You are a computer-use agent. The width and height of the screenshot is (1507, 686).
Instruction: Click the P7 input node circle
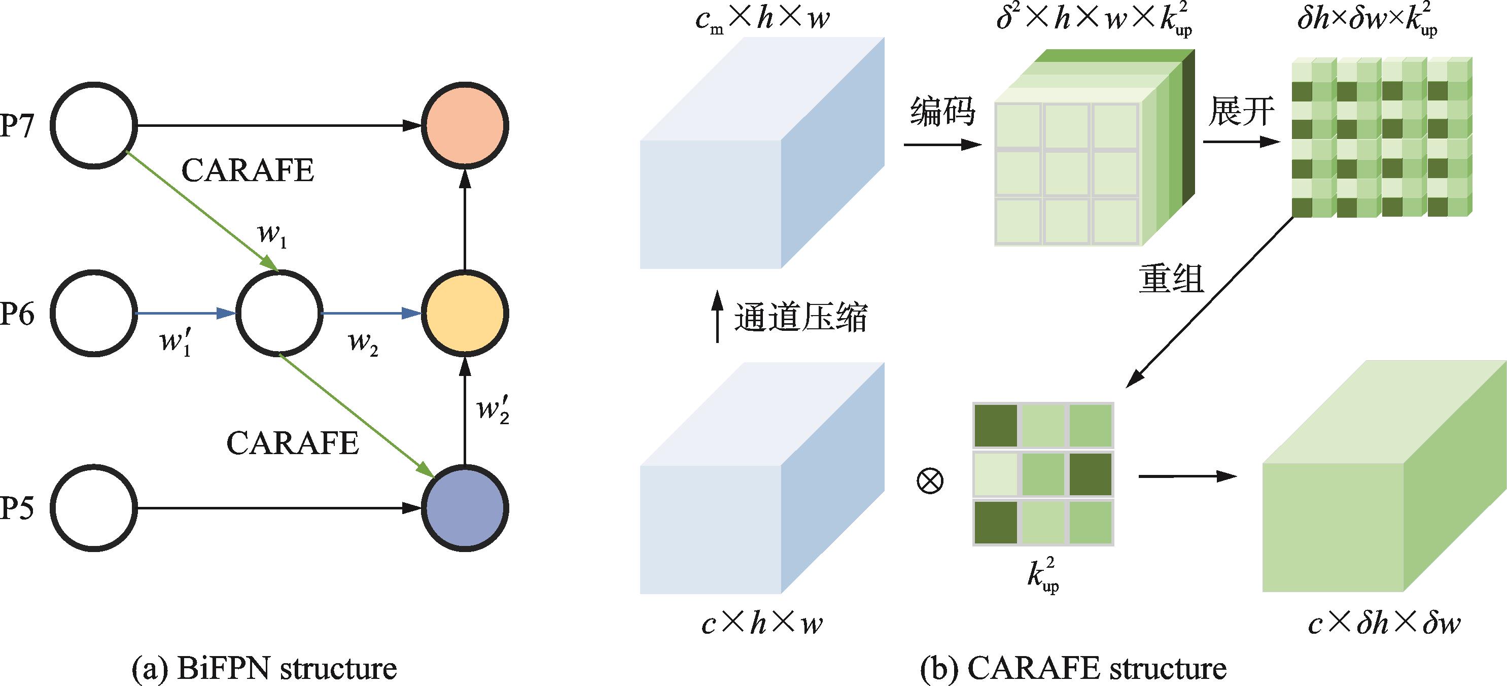point(94,126)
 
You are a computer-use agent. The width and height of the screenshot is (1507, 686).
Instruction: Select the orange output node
point(465,126)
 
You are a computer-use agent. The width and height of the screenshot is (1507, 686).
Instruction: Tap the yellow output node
point(465,313)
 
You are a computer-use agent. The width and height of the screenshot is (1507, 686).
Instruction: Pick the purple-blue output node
point(465,507)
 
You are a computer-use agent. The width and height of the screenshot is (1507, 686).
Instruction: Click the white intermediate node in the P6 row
point(278,313)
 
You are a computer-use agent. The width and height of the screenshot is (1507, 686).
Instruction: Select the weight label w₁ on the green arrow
point(272,235)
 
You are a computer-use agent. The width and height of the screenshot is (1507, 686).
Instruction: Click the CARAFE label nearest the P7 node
point(248,170)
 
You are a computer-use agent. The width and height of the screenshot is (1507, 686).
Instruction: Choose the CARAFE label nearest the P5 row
point(293,443)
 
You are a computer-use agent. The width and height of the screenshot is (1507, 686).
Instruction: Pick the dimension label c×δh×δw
point(1384,625)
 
